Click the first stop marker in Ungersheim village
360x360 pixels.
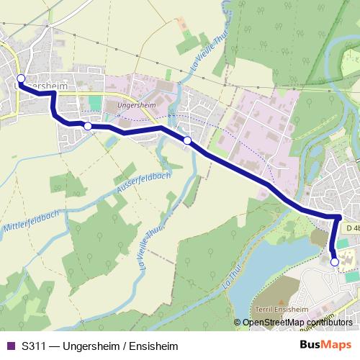pyautogui.click(x=21, y=78)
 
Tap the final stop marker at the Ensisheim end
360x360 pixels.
pyautogui.click(x=334, y=262)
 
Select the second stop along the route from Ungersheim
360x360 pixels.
pyautogui.click(x=88, y=126)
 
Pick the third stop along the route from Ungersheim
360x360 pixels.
pyautogui.click(x=187, y=140)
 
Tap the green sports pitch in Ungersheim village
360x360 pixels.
pyautogui.click(x=95, y=102)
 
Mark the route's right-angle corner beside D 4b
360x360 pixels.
pyautogui.click(x=338, y=216)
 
